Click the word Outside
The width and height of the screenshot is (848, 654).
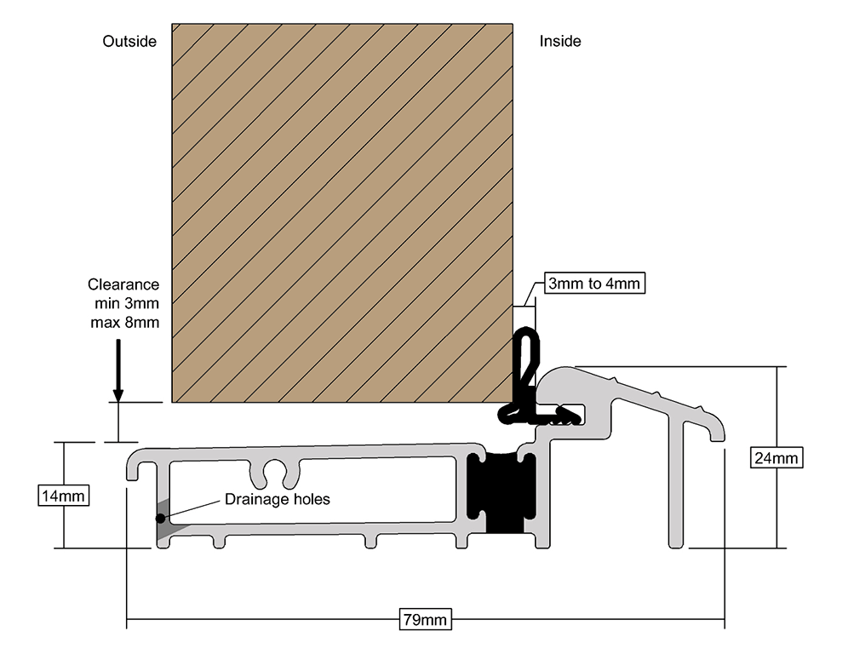click(x=129, y=41)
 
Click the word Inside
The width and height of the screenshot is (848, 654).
click(x=560, y=41)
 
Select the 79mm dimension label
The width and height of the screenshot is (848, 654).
click(x=424, y=619)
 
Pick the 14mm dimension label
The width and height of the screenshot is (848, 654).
click(x=64, y=495)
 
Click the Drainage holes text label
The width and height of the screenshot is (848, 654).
click(x=277, y=499)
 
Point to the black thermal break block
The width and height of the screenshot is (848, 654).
click(x=501, y=492)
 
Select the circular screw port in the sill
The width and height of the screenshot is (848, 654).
click(x=274, y=471)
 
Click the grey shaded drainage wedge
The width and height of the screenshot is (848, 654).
click(x=168, y=521)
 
